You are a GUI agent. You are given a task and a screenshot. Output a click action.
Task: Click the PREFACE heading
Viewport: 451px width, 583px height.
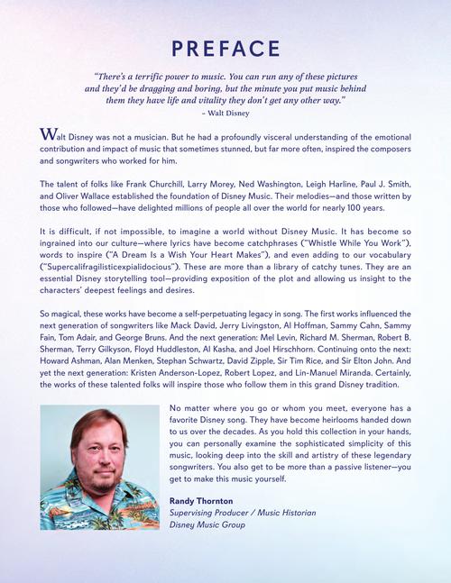[x=225, y=48]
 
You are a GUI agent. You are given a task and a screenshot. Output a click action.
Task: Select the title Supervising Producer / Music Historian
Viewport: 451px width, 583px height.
[x=243, y=513]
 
